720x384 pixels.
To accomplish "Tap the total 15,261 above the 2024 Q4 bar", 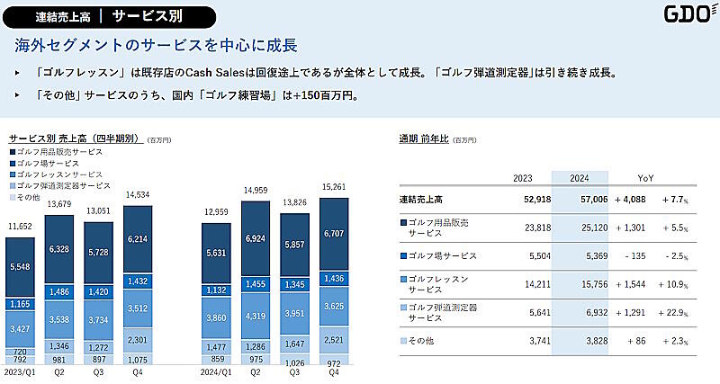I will point(335,186).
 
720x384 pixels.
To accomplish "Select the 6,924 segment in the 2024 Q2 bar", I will point(256,244).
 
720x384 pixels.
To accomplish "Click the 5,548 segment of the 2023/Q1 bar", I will point(20,267).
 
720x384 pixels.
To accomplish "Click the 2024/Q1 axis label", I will point(215,372).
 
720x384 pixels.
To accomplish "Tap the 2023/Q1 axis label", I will point(20,372).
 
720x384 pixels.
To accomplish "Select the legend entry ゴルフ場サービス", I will point(58,163).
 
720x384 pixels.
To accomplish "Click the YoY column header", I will point(645,178).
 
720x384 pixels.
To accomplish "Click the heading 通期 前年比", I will point(425,138).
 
